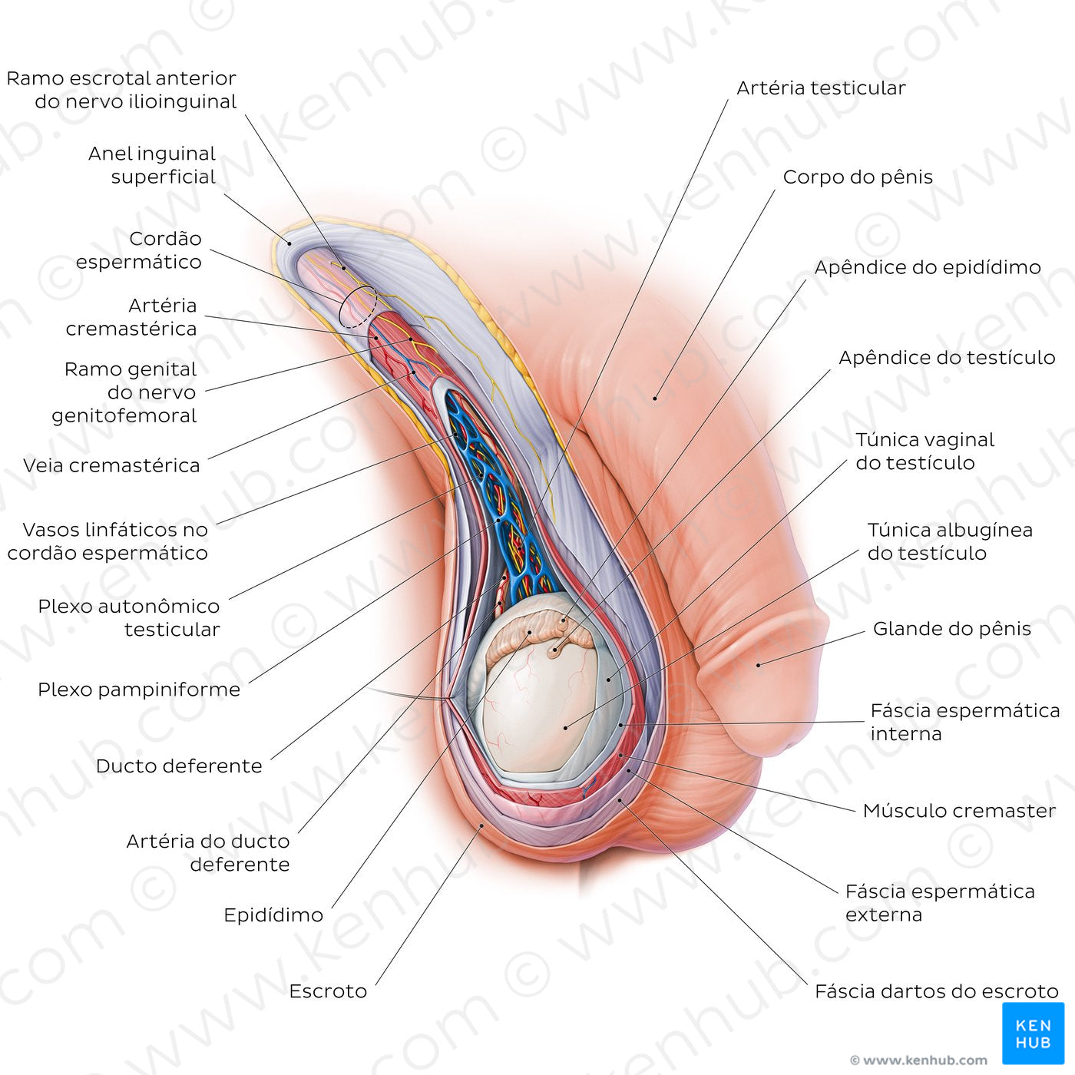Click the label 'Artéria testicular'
[821, 88]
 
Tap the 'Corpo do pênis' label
[858, 177]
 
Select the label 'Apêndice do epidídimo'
[927, 267]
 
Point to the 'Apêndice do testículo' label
[946, 358]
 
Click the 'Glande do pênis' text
[951, 629]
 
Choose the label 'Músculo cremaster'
[959, 811]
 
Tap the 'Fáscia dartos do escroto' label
[936, 991]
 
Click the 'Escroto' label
[328, 991]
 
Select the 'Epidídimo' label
[273, 915]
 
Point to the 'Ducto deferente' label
[179, 766]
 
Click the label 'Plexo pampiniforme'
[139, 690]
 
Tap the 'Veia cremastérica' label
[111, 465]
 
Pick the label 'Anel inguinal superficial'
[152, 165]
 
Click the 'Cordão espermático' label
[139, 250]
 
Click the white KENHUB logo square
[1033, 1033]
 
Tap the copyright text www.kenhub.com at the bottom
[918, 1060]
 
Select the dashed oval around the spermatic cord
[358, 306]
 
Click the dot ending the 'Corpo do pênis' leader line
[655, 398]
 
